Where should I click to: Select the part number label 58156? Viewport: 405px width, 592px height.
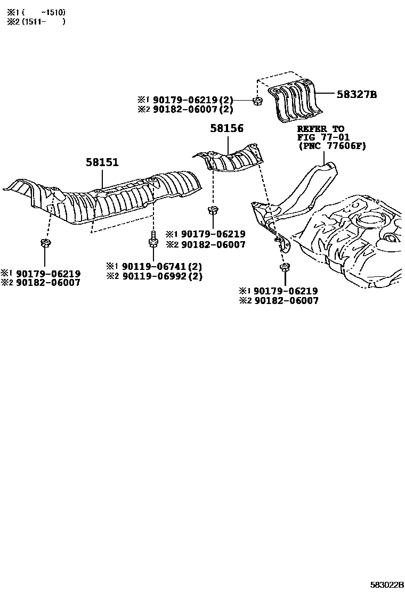click(x=226, y=128)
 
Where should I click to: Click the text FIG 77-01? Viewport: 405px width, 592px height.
click(x=323, y=137)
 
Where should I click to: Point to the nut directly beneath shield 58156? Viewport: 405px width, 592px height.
click(x=213, y=210)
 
